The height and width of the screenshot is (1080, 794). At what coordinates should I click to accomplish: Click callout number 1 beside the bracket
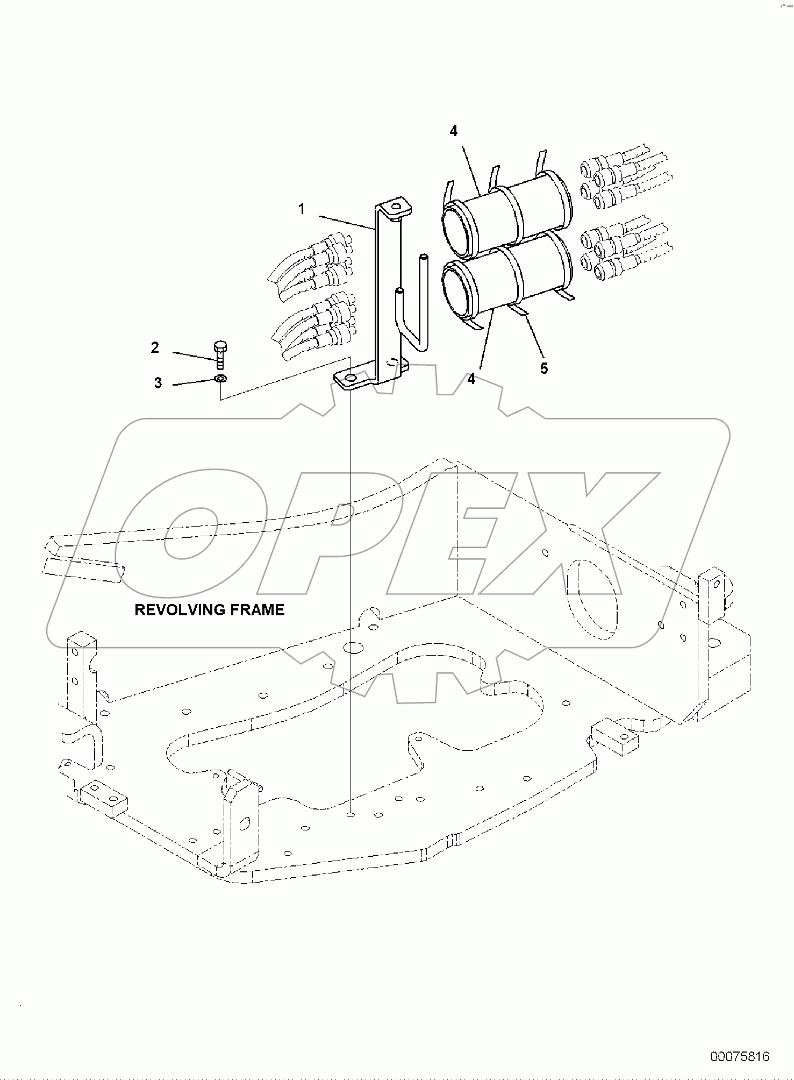pyautogui.click(x=302, y=209)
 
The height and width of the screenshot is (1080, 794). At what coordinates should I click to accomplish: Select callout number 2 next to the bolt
pyautogui.click(x=155, y=348)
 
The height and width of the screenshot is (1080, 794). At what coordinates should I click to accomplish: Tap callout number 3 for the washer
pyautogui.click(x=158, y=383)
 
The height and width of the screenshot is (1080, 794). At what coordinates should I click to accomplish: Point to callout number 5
pyautogui.click(x=544, y=368)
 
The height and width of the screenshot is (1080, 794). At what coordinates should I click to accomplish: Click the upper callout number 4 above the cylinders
pyautogui.click(x=454, y=131)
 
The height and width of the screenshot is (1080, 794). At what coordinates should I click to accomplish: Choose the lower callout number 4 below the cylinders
pyautogui.click(x=471, y=379)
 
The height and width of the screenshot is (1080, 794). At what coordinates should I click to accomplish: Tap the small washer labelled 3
pyautogui.click(x=220, y=379)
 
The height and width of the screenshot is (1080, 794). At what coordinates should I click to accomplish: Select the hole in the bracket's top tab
pyautogui.click(x=396, y=205)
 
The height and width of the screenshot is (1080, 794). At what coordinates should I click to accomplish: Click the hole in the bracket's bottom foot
pyautogui.click(x=350, y=379)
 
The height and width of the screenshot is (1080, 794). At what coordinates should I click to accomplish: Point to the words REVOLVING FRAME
pyautogui.click(x=209, y=610)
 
